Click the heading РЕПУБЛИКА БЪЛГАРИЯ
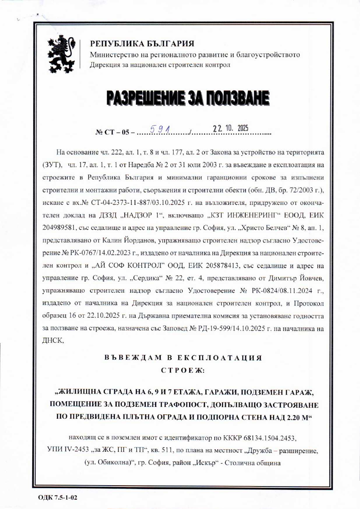(142, 44)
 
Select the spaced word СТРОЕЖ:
(183, 370)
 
